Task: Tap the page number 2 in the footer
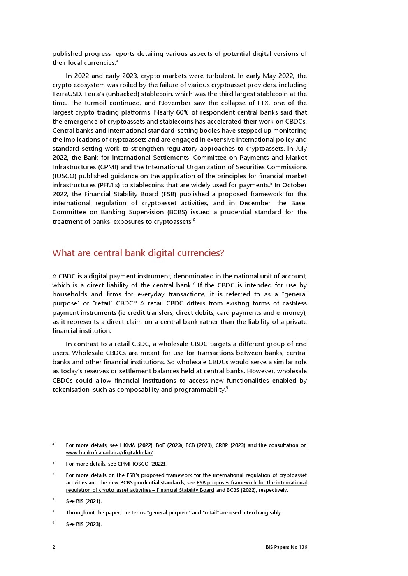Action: pos(54,547)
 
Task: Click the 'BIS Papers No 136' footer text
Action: pos(286,547)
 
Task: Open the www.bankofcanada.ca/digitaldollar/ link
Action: pos(109,453)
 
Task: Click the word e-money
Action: pos(292,313)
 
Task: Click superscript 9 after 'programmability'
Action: pos(227,388)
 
